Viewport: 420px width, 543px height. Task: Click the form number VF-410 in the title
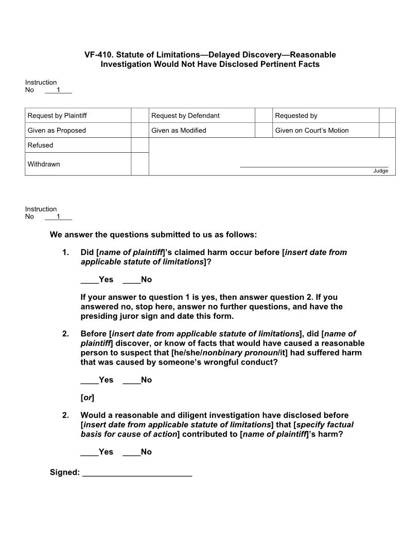98,55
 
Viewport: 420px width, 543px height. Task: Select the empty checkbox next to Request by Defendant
263,116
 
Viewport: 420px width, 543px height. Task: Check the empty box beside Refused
139,146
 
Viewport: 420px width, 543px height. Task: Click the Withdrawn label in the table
44,165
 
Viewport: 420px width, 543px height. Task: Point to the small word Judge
381,171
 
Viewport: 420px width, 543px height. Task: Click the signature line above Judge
314,166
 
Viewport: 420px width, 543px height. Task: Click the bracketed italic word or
87,398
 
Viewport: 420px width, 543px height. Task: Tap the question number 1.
65,252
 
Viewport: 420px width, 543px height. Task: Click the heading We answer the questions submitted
153,235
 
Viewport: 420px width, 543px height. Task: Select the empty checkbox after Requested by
387,116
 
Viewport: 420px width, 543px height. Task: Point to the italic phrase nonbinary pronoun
249,353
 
